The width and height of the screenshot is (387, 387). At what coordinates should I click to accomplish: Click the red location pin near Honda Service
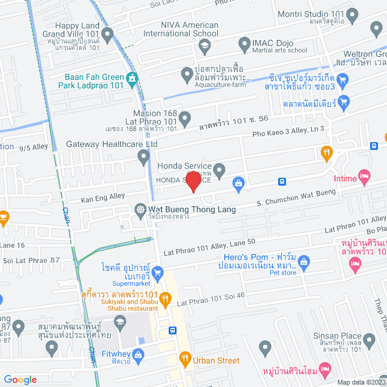click(x=193, y=181)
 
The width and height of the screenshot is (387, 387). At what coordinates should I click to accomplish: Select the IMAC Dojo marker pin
click(x=244, y=44)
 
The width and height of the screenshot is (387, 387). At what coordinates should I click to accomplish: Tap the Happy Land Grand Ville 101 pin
click(x=108, y=36)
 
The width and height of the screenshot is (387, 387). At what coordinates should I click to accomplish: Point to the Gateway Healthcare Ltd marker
click(x=143, y=157)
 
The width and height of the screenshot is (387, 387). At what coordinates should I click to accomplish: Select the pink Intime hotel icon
click(x=363, y=177)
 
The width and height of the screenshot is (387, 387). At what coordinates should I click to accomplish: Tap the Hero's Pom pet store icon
click(x=304, y=262)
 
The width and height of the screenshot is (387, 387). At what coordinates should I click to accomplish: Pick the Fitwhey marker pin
click(x=137, y=357)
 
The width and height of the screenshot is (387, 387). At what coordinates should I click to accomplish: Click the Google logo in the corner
click(x=21, y=380)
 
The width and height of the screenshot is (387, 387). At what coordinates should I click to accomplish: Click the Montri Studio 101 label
click(x=327, y=14)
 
